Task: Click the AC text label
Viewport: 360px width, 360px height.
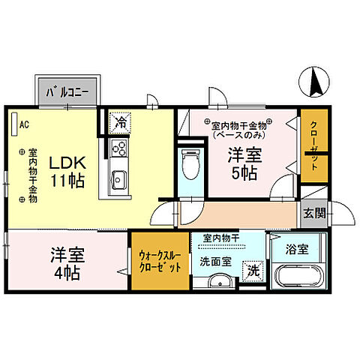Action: coord(24,124)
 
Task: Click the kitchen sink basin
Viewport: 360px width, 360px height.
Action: coord(118,179)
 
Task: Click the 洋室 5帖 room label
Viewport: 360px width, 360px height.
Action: coord(244,163)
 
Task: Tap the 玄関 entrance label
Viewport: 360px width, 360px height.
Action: coord(314,213)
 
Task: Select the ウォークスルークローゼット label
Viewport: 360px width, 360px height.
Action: coord(160,260)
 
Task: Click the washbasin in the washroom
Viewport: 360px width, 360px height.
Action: coord(218,282)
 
